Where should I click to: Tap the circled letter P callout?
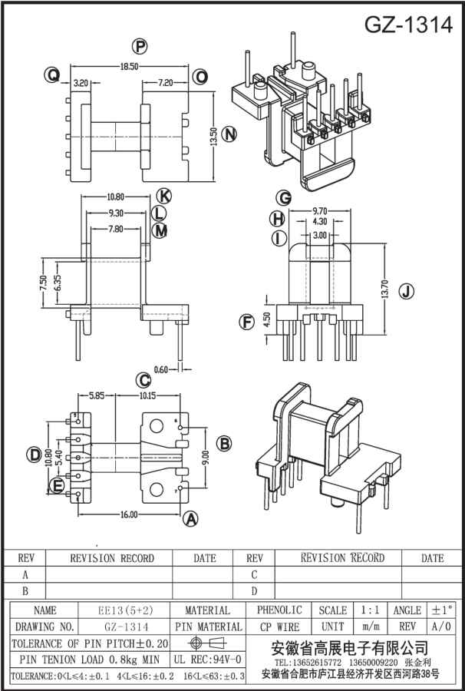(x=140, y=46)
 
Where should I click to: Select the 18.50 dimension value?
(x=129, y=66)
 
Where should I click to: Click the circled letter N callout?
(x=229, y=134)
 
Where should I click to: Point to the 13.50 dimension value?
(x=213, y=137)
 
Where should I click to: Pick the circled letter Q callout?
(x=52, y=75)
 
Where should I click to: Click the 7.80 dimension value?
(x=115, y=229)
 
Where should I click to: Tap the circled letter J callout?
(x=407, y=291)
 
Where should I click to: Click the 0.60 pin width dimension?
(x=162, y=370)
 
